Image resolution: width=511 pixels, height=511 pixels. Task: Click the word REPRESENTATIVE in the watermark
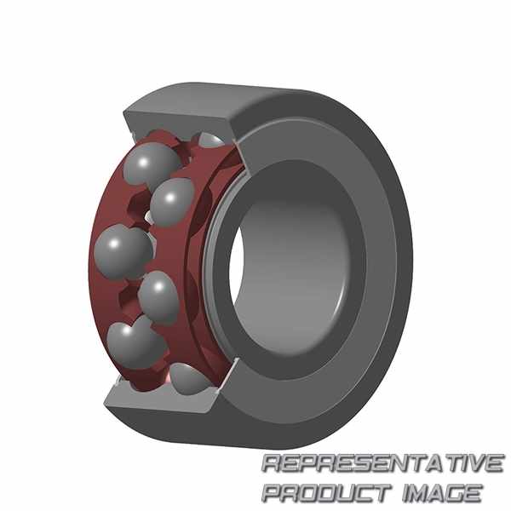[x=382, y=463]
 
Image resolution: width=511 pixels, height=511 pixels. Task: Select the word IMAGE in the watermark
[x=441, y=493]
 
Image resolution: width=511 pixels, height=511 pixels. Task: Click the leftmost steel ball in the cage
[x=123, y=251]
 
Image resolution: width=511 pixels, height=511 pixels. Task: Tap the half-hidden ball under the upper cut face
[x=211, y=140]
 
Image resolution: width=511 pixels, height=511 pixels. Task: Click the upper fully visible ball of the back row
[x=172, y=202]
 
